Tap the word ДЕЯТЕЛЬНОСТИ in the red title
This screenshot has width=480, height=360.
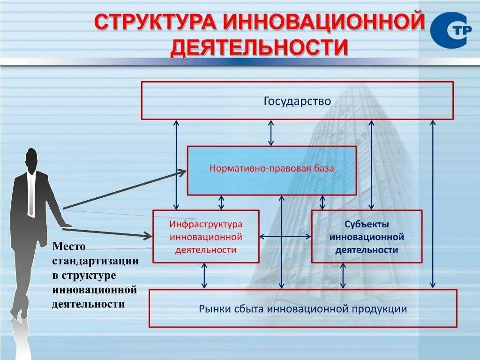(x=259, y=48)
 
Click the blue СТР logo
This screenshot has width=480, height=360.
(x=450, y=30)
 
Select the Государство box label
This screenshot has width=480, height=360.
(x=297, y=101)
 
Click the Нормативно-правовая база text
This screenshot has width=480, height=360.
(x=271, y=168)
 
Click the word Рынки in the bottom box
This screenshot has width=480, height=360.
(x=214, y=309)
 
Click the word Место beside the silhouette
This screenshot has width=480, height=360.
(x=69, y=247)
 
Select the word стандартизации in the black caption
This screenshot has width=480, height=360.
(x=95, y=261)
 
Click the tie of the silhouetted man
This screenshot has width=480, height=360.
(x=31, y=197)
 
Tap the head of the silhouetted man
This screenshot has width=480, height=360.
(x=31, y=159)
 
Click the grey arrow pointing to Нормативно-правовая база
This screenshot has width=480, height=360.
(x=125, y=190)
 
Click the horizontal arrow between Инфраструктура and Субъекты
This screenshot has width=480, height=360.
(x=285, y=237)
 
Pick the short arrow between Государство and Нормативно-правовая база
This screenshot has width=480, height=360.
(x=270, y=133)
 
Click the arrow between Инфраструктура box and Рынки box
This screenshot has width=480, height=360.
(x=204, y=276)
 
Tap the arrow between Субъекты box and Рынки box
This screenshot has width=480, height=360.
(x=343, y=276)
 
